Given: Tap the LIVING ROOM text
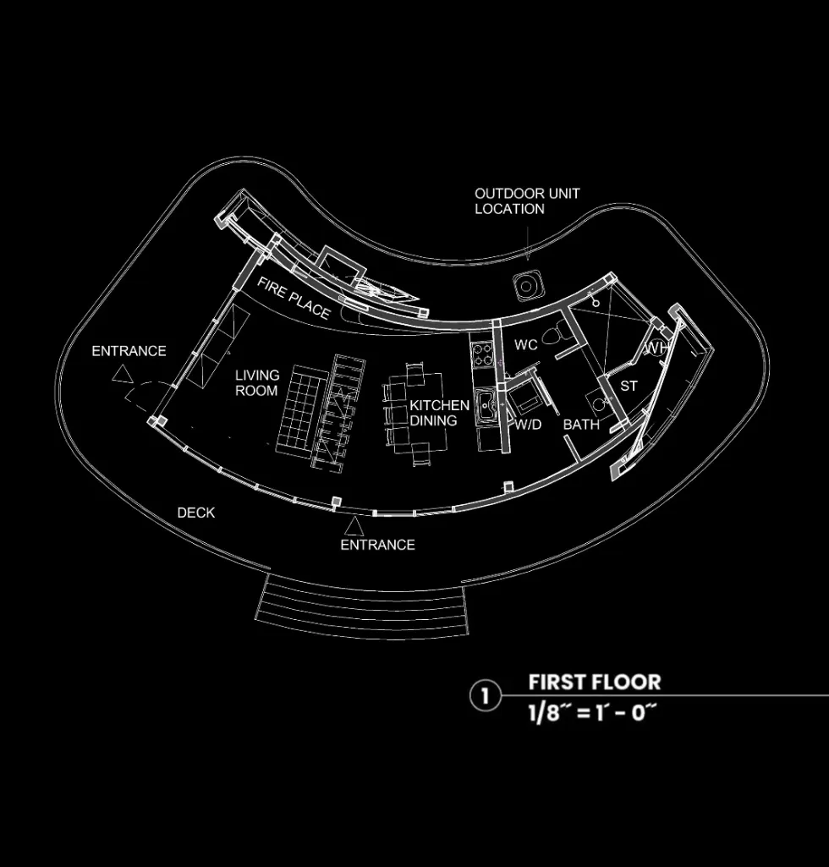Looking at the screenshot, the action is (257, 383).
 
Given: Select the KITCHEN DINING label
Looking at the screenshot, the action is (439, 413).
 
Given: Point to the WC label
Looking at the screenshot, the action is (526, 345).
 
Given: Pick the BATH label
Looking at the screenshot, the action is (581, 425).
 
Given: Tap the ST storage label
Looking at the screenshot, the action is (629, 387).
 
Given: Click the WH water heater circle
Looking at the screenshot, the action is (656, 348).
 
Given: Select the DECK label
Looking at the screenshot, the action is (195, 513).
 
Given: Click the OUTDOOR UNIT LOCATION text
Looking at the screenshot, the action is (526, 201).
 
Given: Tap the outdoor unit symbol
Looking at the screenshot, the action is (527, 287).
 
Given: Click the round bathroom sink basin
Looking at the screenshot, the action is (599, 404).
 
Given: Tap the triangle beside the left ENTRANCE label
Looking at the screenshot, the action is (123, 374).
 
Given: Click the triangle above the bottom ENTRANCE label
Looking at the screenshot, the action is (354, 526).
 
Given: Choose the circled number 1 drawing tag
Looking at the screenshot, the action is (485, 696).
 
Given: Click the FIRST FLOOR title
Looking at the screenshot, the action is (595, 682).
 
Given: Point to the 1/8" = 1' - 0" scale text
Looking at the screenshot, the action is (592, 712).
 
